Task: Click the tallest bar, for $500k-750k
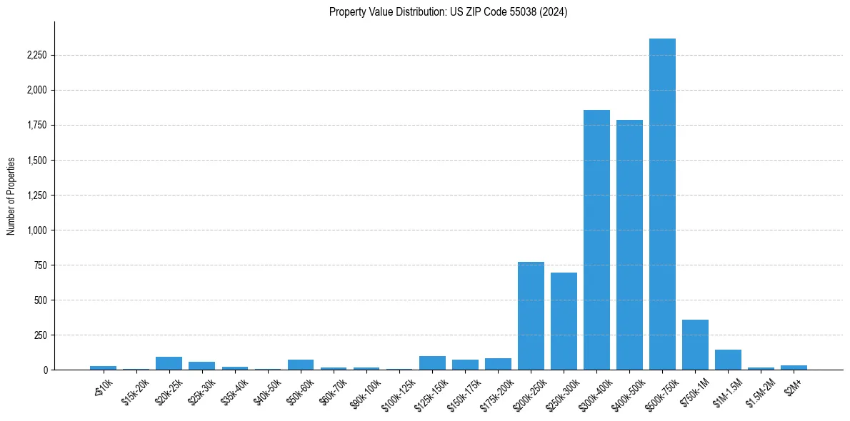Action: point(662,204)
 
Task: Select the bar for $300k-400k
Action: point(596,240)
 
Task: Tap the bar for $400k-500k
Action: point(629,245)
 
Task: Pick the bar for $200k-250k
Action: point(531,316)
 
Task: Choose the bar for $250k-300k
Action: point(564,321)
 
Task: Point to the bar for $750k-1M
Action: point(695,345)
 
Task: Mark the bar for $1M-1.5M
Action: point(728,360)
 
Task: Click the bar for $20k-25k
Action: point(169,363)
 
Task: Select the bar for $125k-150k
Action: point(432,362)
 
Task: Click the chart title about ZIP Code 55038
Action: point(448,12)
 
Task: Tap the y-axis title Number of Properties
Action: point(11,196)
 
